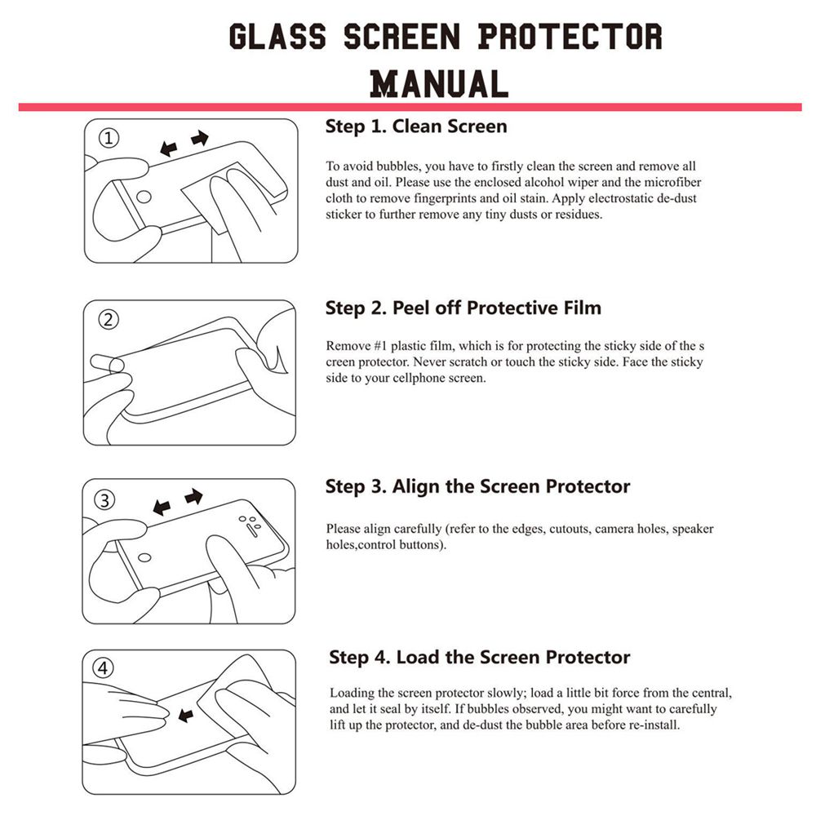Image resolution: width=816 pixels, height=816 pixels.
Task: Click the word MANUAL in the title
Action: coord(439,83)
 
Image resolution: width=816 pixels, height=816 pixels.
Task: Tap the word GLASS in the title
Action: coord(277,37)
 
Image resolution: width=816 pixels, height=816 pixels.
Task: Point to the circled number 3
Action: coord(109,499)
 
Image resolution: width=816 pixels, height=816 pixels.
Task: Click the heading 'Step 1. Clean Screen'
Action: coord(416,126)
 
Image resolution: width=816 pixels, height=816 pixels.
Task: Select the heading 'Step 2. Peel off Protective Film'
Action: coord(463,308)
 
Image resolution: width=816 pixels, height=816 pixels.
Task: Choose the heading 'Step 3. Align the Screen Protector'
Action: coord(477,487)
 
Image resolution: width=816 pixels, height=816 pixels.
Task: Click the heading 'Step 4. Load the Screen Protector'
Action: coord(480,658)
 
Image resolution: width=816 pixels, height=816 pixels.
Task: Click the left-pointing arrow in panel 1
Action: coord(170,149)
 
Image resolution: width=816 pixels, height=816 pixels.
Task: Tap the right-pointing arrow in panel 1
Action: coord(200,140)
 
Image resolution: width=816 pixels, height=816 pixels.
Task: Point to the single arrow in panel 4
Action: coord(186,716)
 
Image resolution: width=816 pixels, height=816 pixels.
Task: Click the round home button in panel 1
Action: coord(144,196)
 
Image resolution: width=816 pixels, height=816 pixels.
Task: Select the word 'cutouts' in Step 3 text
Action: coord(566,529)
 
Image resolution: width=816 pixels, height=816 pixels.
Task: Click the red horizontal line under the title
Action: coord(408,107)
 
